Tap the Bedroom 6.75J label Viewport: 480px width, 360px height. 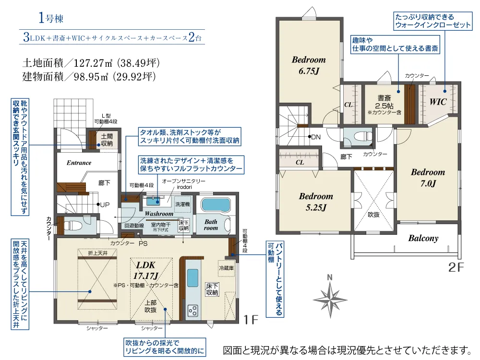coord(309,65)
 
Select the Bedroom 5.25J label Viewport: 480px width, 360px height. coord(316,202)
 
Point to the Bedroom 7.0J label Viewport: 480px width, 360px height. coord(428,178)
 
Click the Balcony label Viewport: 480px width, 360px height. coord(423,238)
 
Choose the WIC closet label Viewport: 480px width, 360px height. coord(438,102)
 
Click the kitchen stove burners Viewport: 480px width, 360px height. coord(193,311)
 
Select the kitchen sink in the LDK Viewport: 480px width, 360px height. coord(192,277)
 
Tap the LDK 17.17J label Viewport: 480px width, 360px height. coord(146,271)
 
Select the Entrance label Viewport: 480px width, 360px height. coord(79,163)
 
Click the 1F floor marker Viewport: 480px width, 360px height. coord(251,320)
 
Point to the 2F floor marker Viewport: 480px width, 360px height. coord(456,267)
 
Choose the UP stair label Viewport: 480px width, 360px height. coord(105,205)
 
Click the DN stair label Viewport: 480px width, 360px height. coord(316,137)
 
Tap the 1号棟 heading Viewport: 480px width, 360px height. coord(51,18)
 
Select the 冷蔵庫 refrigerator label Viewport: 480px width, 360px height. coord(226,268)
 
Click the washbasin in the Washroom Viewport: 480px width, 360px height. coord(153,201)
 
